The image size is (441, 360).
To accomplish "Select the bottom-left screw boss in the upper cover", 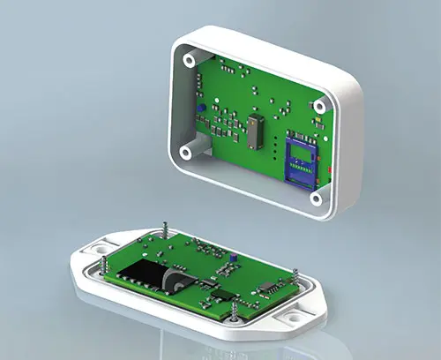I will (186, 151).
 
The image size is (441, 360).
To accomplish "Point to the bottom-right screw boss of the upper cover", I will (314, 199).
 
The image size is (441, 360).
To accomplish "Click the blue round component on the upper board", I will (201, 108).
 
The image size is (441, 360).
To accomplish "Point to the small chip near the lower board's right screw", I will (265, 286).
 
